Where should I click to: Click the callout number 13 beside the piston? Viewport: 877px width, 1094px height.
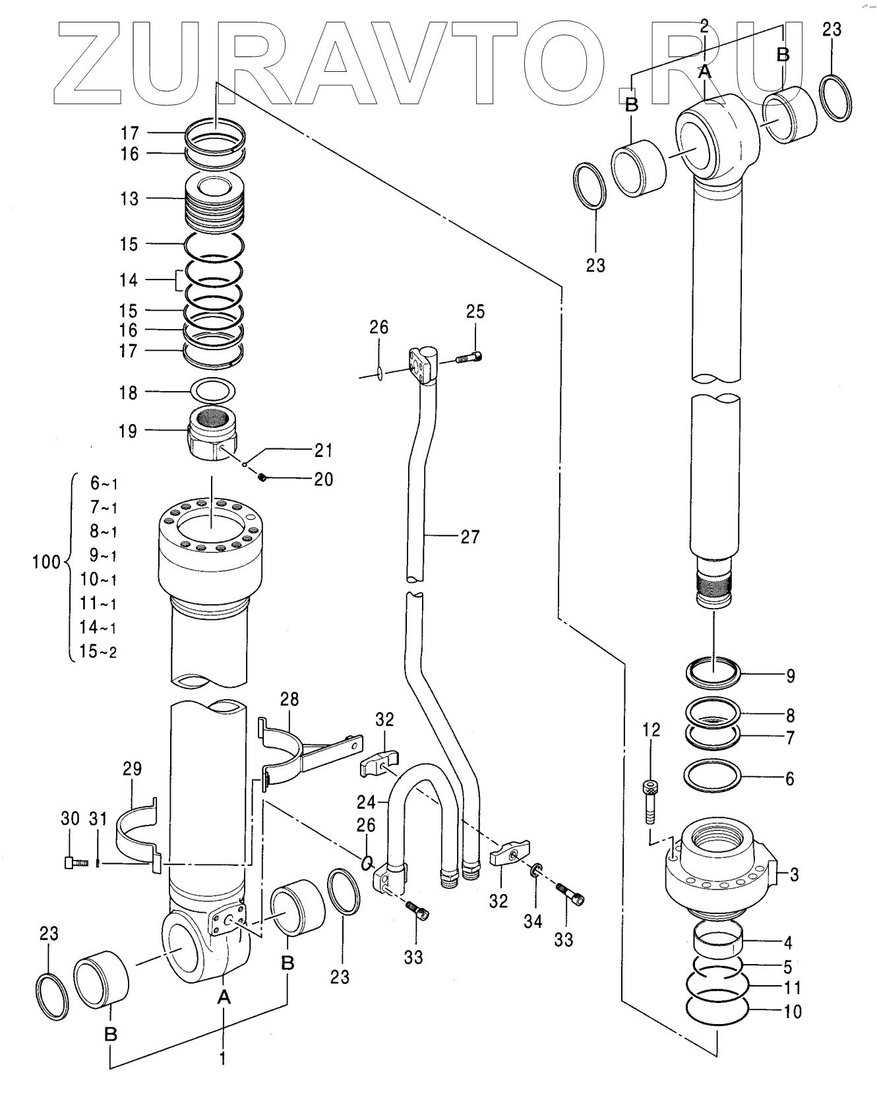129,198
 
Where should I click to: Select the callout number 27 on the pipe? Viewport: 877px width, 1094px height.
469,537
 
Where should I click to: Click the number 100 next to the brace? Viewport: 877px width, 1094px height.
46,562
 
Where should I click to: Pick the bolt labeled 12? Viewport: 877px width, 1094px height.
650,802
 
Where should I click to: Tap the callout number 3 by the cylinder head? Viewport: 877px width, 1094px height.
794,875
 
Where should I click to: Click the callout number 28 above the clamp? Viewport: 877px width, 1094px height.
289,699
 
